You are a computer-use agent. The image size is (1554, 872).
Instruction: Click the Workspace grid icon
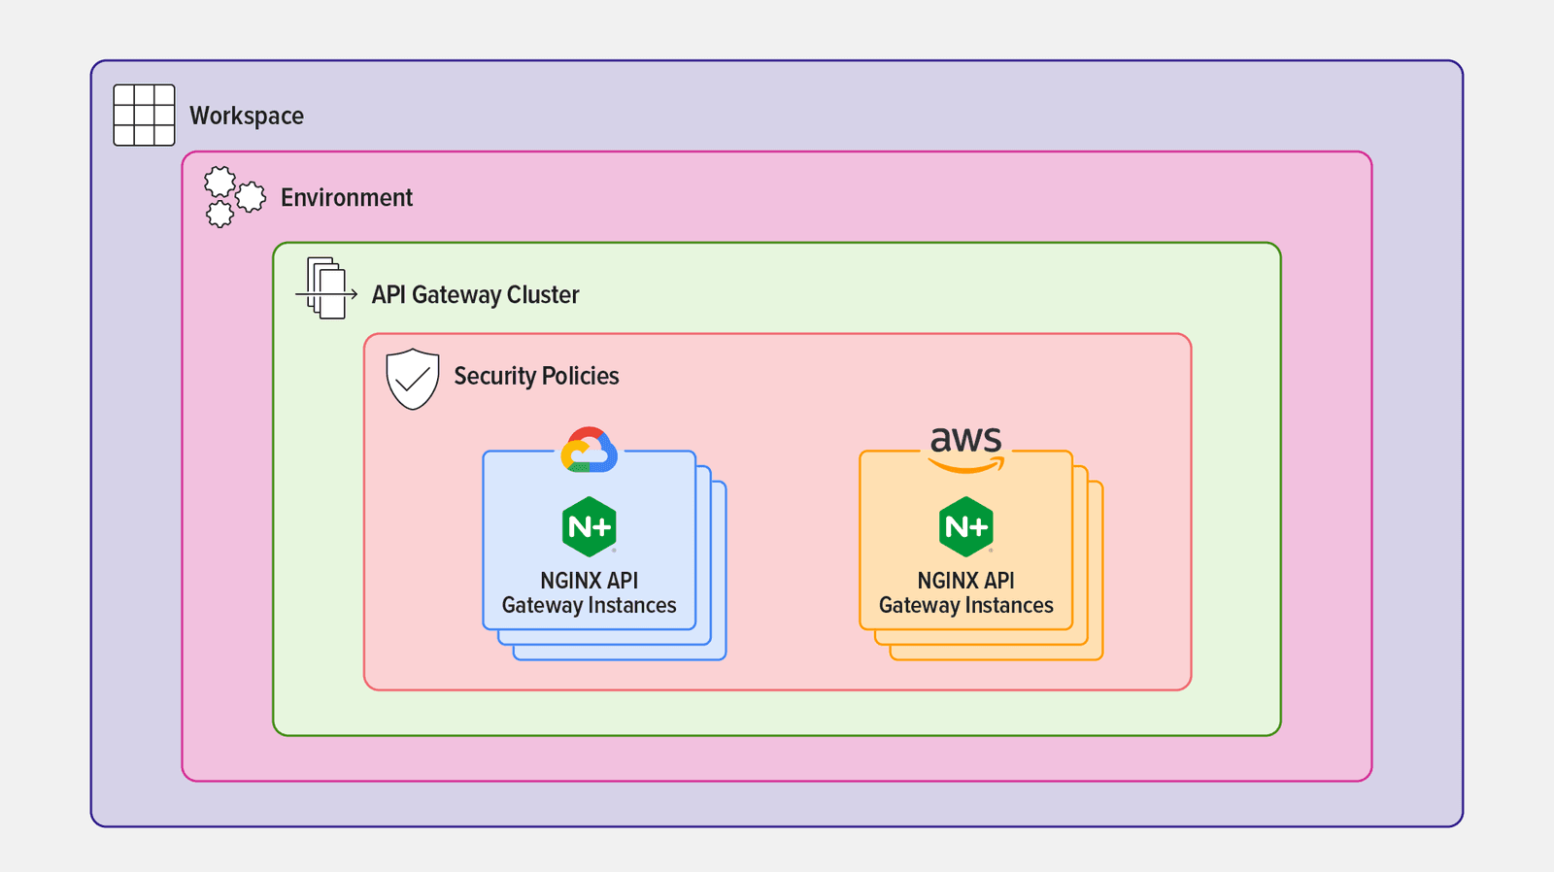pyautogui.click(x=144, y=115)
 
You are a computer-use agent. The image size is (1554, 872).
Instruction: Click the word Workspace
pyautogui.click(x=246, y=116)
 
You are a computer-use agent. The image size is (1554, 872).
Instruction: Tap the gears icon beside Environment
pyautogui.click(x=234, y=196)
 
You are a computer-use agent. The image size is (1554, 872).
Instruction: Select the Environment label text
pyautogui.click(x=346, y=198)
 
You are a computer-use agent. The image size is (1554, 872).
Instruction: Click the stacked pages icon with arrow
pyautogui.click(x=325, y=288)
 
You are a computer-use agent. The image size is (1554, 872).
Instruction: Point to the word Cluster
pyautogui.click(x=543, y=294)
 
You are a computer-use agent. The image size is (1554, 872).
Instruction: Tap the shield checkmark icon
pyautogui.click(x=413, y=378)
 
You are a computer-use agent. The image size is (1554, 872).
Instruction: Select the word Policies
pyautogui.click(x=580, y=376)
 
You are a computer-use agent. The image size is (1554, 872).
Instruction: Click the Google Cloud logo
pyautogui.click(x=589, y=451)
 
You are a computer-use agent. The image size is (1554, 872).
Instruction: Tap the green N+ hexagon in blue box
pyautogui.click(x=589, y=526)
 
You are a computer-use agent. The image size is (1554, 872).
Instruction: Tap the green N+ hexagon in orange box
pyautogui.click(x=965, y=526)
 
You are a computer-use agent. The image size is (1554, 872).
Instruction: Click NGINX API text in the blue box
pyautogui.click(x=589, y=581)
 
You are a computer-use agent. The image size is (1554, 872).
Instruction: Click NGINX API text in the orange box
pyautogui.click(x=965, y=581)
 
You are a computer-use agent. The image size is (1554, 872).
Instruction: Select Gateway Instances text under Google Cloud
pyautogui.click(x=589, y=606)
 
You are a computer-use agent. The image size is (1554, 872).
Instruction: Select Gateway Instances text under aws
pyautogui.click(x=965, y=606)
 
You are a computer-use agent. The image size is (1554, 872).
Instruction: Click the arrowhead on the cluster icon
pyautogui.click(x=354, y=293)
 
